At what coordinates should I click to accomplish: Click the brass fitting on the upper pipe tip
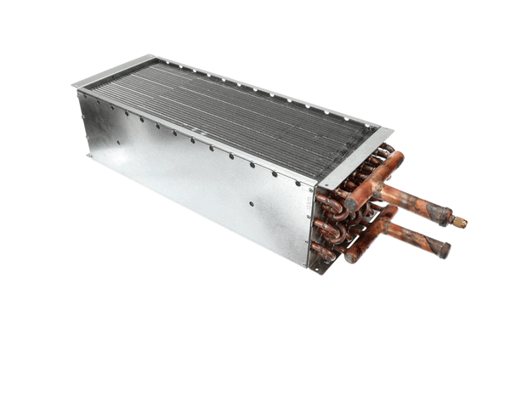click(x=460, y=223)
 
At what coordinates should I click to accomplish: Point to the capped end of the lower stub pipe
click(x=444, y=251)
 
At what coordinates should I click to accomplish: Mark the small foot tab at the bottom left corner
click(x=88, y=156)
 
